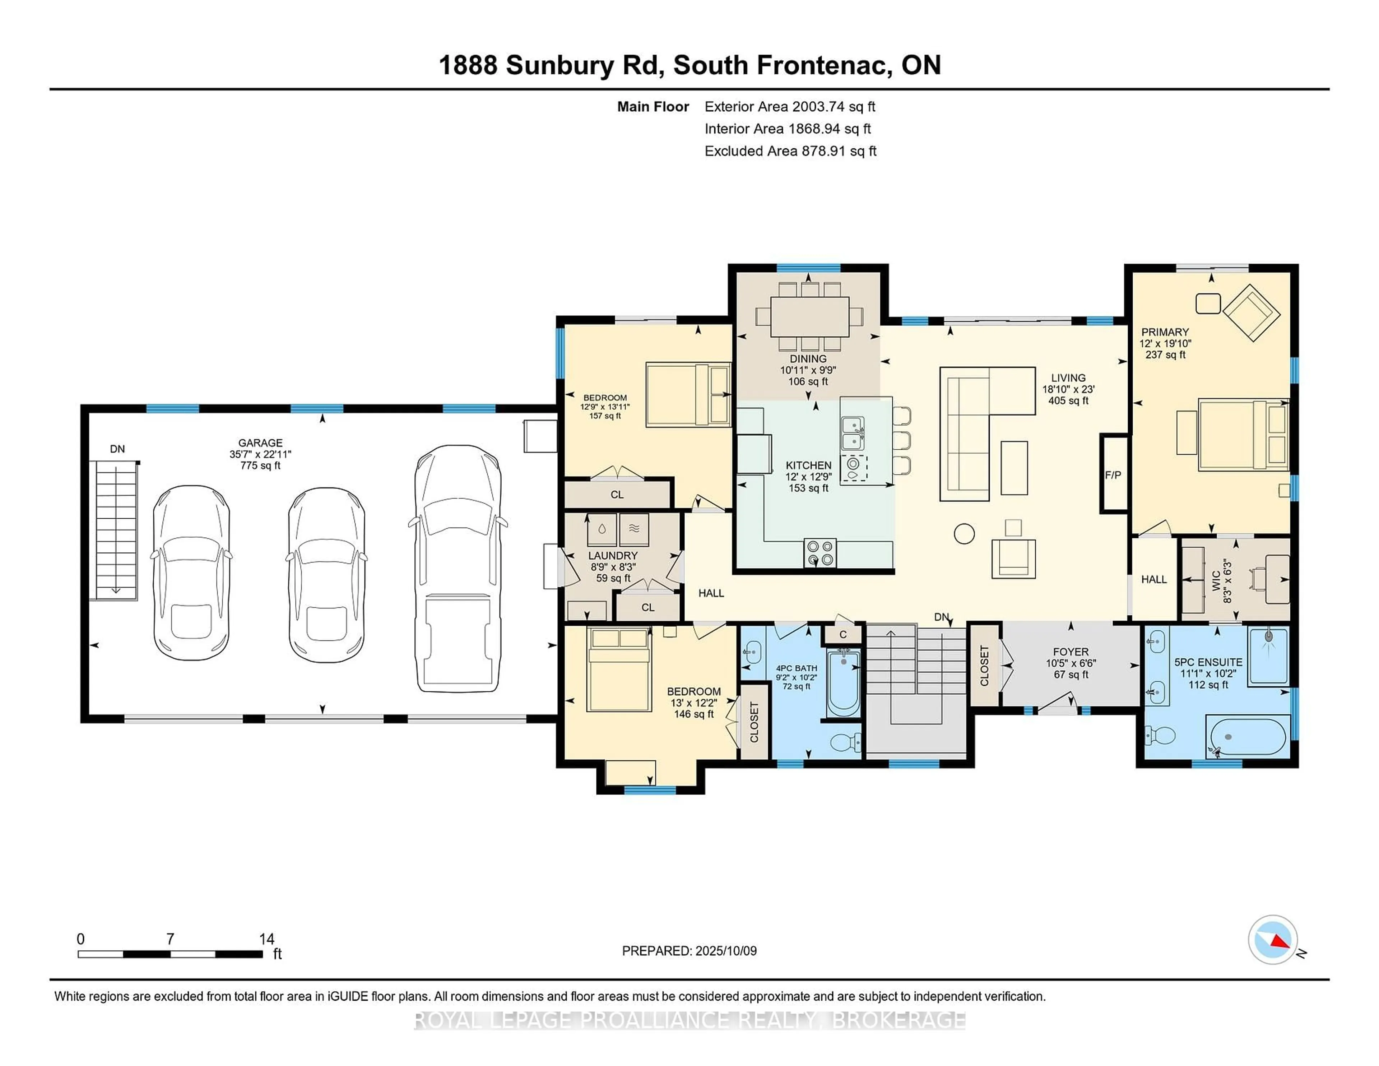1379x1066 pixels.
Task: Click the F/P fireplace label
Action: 1113,475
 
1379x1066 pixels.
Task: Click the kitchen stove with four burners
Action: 819,553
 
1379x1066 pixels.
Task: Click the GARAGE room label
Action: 260,443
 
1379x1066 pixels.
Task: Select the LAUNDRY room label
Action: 612,556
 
